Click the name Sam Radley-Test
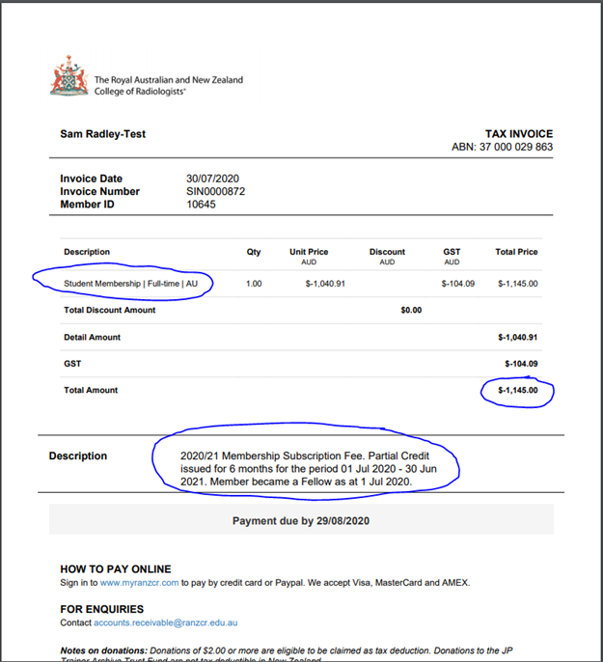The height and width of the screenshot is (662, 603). (102, 134)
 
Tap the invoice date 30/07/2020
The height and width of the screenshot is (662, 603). (212, 179)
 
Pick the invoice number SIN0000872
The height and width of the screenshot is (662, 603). (216, 191)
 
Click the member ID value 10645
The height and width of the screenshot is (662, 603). (201, 204)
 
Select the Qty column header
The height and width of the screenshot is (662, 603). (254, 252)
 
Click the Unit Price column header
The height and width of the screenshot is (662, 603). (310, 252)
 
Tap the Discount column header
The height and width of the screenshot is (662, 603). (387, 252)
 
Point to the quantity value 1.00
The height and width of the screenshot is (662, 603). (254, 284)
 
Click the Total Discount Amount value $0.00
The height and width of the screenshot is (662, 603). (411, 310)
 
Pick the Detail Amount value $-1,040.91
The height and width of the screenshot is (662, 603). (517, 337)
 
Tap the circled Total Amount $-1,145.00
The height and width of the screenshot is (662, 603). (517, 390)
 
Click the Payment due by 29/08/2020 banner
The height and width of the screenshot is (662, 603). (301, 521)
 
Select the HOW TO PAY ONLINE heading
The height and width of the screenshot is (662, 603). (116, 569)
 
